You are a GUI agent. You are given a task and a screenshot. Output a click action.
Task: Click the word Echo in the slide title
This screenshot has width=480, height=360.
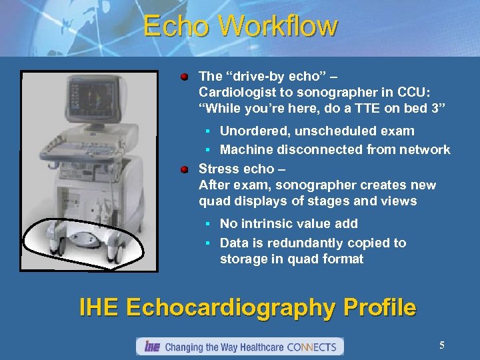[175, 27]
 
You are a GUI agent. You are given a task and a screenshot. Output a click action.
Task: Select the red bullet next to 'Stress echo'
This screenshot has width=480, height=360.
[184, 169]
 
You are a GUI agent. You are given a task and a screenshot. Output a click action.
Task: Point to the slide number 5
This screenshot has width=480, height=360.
[442, 345]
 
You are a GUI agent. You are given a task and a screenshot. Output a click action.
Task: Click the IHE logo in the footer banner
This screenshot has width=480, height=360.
[151, 347]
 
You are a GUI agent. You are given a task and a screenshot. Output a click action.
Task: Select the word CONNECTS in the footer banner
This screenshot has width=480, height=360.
[313, 347]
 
